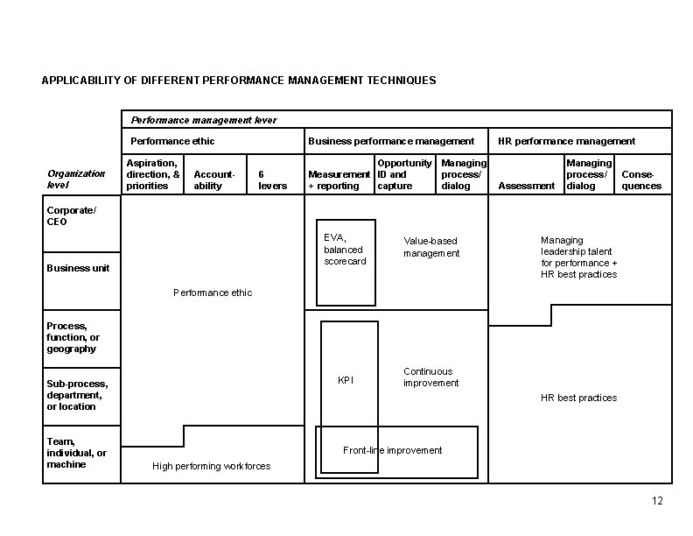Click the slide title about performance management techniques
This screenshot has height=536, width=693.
click(x=239, y=81)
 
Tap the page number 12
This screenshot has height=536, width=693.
click(x=658, y=501)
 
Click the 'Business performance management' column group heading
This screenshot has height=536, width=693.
click(x=391, y=141)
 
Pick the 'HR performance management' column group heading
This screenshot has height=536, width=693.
click(x=566, y=141)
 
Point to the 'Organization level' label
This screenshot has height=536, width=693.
click(x=76, y=180)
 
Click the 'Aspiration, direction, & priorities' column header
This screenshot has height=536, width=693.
click(x=153, y=174)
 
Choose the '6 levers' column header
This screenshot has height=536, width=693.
click(x=268, y=180)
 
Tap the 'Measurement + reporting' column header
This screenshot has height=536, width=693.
click(x=339, y=180)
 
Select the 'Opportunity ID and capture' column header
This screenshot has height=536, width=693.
click(x=404, y=174)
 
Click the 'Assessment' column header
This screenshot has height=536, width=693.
click(x=527, y=186)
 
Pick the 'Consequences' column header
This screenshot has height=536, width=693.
click(x=641, y=180)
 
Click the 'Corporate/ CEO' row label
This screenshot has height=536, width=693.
click(x=71, y=216)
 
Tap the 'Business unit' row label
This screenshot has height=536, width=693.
click(x=78, y=268)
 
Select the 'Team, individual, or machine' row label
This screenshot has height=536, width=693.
click(x=77, y=453)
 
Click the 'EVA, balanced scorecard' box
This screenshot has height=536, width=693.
click(x=345, y=250)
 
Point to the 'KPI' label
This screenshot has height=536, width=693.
click(x=346, y=380)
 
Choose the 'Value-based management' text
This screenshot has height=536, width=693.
click(x=430, y=247)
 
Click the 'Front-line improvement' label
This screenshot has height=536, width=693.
click(x=392, y=450)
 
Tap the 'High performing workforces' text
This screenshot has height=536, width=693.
click(x=211, y=466)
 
